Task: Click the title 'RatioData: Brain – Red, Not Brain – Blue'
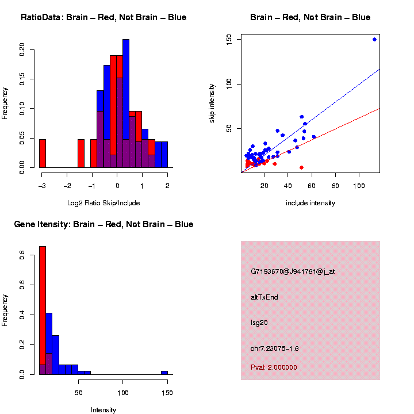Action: (x=103, y=18)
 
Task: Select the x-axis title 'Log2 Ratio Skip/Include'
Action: (x=103, y=203)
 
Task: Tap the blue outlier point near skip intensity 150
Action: (x=374, y=40)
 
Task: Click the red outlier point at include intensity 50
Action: (x=301, y=167)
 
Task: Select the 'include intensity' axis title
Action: (x=310, y=203)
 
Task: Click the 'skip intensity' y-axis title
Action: (x=212, y=102)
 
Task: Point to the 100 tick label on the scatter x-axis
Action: (x=359, y=186)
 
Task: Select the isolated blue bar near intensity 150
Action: (x=164, y=373)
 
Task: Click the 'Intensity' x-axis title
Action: (x=103, y=410)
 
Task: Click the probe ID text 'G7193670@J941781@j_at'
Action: (x=293, y=271)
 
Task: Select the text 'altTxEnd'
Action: (x=264, y=297)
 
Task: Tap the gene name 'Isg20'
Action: (x=259, y=323)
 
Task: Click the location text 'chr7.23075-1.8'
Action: (x=275, y=348)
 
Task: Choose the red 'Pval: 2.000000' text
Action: (x=274, y=367)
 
